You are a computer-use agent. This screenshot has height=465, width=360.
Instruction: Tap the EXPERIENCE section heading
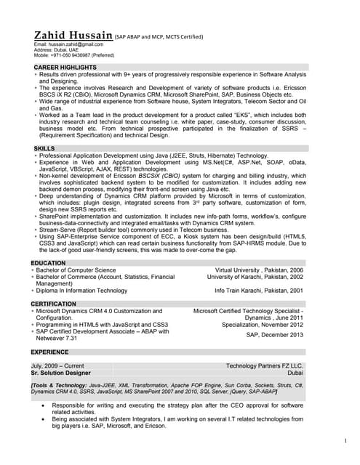(53, 351)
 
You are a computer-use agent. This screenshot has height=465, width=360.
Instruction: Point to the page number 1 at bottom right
(344, 440)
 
